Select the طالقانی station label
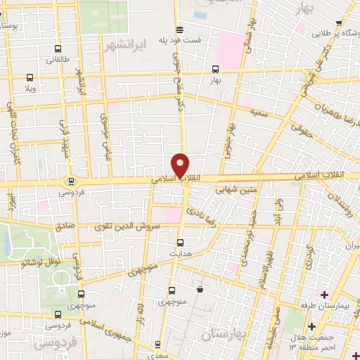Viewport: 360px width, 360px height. (x=58, y=60)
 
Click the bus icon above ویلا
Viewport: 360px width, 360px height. (x=30, y=79)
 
